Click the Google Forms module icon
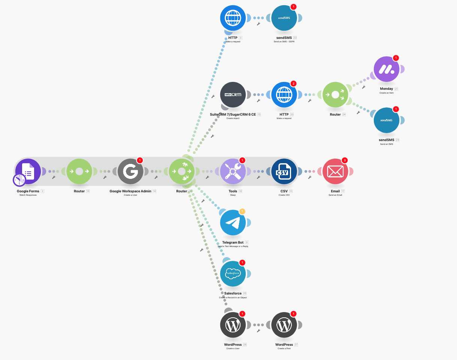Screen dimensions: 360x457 [x=28, y=171]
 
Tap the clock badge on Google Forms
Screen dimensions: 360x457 [x=19, y=180]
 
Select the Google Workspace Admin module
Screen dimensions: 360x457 [x=130, y=171]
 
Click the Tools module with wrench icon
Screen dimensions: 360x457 [x=233, y=171]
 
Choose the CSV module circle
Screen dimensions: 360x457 [x=284, y=171]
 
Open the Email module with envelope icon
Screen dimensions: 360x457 [x=335, y=171]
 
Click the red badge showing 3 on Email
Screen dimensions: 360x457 [x=345, y=160]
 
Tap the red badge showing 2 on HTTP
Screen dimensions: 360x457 [x=293, y=83]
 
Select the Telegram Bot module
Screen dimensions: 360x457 [x=233, y=223]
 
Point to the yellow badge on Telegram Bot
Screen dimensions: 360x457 [x=242, y=211]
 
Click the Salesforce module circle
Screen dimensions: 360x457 [x=233, y=274]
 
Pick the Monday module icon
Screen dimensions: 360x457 [x=387, y=69]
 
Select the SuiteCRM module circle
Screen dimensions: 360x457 [x=233, y=95]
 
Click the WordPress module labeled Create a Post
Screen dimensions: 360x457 [x=284, y=325]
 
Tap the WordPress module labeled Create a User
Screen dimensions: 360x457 [x=233, y=325]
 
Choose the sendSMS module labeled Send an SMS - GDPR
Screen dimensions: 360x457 [x=284, y=18]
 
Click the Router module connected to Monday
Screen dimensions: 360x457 [x=335, y=95]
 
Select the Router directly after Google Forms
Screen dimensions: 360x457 [x=79, y=171]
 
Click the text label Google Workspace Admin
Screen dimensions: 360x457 [x=130, y=191]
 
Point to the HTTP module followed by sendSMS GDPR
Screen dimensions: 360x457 [x=233, y=18]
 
